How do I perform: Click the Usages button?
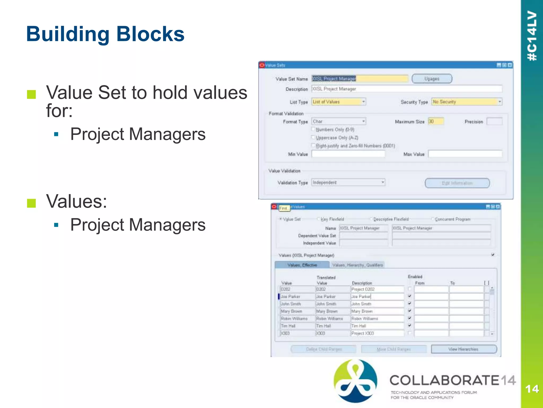[432, 79]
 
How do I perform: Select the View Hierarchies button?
[463, 349]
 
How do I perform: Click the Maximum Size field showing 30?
[436, 121]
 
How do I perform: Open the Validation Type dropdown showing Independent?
[348, 182]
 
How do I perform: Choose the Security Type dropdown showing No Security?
[467, 102]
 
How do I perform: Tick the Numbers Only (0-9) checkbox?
[313, 129]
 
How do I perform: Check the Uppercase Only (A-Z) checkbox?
[313, 137]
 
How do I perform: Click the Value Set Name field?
[360, 79]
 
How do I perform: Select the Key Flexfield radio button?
[319, 219]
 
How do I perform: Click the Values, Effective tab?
[302, 265]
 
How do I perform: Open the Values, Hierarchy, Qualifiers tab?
[357, 265]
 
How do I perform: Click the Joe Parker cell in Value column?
[297, 296]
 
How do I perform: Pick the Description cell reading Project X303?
[377, 333]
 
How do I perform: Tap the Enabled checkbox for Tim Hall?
[410, 326]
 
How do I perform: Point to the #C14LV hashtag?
[532, 36]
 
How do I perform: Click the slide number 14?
[532, 389]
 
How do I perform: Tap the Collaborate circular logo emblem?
[355, 381]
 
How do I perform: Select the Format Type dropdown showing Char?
[339, 121]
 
